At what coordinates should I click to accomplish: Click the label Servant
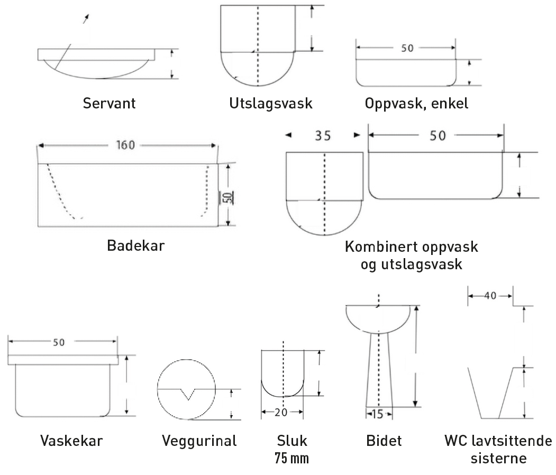[109, 103]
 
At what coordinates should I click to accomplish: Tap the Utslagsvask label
[271, 103]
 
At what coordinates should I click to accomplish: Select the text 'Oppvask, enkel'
[416, 103]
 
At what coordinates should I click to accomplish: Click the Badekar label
[136, 246]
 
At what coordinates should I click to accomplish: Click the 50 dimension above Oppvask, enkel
[407, 48]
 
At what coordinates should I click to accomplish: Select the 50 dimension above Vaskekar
[58, 342]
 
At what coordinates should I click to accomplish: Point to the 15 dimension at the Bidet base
[378, 414]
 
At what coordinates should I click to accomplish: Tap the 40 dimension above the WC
[490, 296]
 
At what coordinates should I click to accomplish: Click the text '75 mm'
[291, 458]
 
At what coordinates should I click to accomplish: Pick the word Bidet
[384, 441]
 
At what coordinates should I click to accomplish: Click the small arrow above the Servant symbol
[85, 19]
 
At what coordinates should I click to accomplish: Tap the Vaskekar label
[71, 441]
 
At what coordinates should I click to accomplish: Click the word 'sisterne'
[498, 458]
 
